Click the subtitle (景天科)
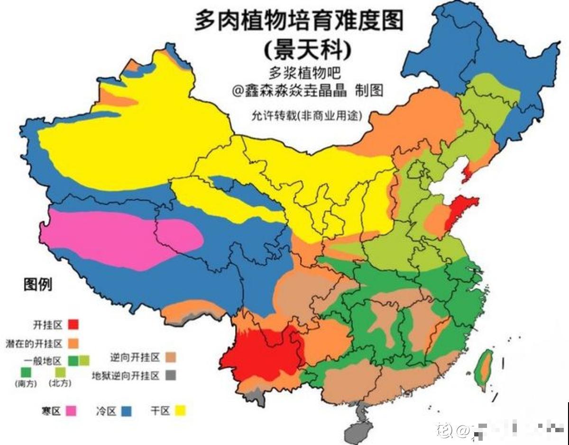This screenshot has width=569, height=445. click(x=308, y=48)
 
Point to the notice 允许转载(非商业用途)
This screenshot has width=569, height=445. click(x=307, y=115)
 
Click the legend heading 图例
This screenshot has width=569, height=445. click(x=38, y=285)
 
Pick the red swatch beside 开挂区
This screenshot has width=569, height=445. click(x=73, y=325)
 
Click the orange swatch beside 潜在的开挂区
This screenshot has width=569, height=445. click(x=73, y=342)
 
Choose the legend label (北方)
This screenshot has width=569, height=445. click(x=59, y=384)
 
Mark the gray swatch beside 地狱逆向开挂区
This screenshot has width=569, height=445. click(x=171, y=375)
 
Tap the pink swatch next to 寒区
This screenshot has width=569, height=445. click(x=71, y=411)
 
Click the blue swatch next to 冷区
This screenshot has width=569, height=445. click(x=127, y=411)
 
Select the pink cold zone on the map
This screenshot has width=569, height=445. click(x=119, y=237)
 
